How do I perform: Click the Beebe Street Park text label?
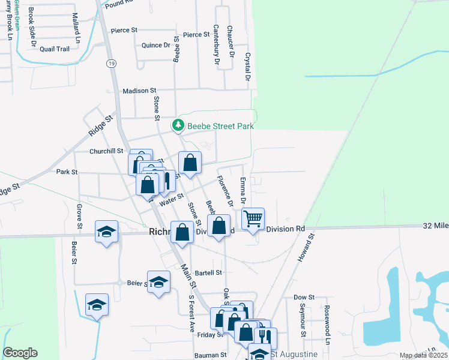[220, 126]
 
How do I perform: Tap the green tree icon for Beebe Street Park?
[178, 125]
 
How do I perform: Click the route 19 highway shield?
[112, 64]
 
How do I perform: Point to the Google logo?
[20, 353]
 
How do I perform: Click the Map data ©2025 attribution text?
[423, 355]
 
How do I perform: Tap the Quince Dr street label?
[156, 46]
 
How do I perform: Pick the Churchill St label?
[106, 151]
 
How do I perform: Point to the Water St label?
[171, 196]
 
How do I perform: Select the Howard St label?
[307, 248]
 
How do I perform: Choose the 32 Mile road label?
[435, 226]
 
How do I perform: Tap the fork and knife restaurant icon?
[264, 337]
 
